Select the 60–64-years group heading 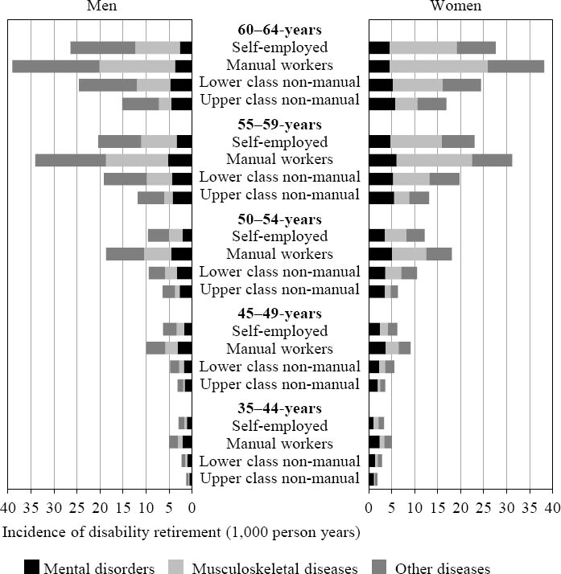(x=279, y=30)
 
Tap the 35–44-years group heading (x=279, y=408)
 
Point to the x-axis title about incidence (x=182, y=532)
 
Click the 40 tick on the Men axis (x=8, y=508)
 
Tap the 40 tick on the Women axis (x=553, y=508)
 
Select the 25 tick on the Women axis (x=484, y=508)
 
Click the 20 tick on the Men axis (x=100, y=508)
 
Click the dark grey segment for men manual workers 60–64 (x=56, y=66)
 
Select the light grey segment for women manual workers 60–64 (x=439, y=66)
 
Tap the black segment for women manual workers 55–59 (x=382, y=160)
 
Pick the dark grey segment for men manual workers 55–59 (x=70, y=160)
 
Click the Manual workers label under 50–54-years (x=279, y=254)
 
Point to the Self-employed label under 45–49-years (x=279, y=330)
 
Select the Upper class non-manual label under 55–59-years (x=279, y=195)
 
